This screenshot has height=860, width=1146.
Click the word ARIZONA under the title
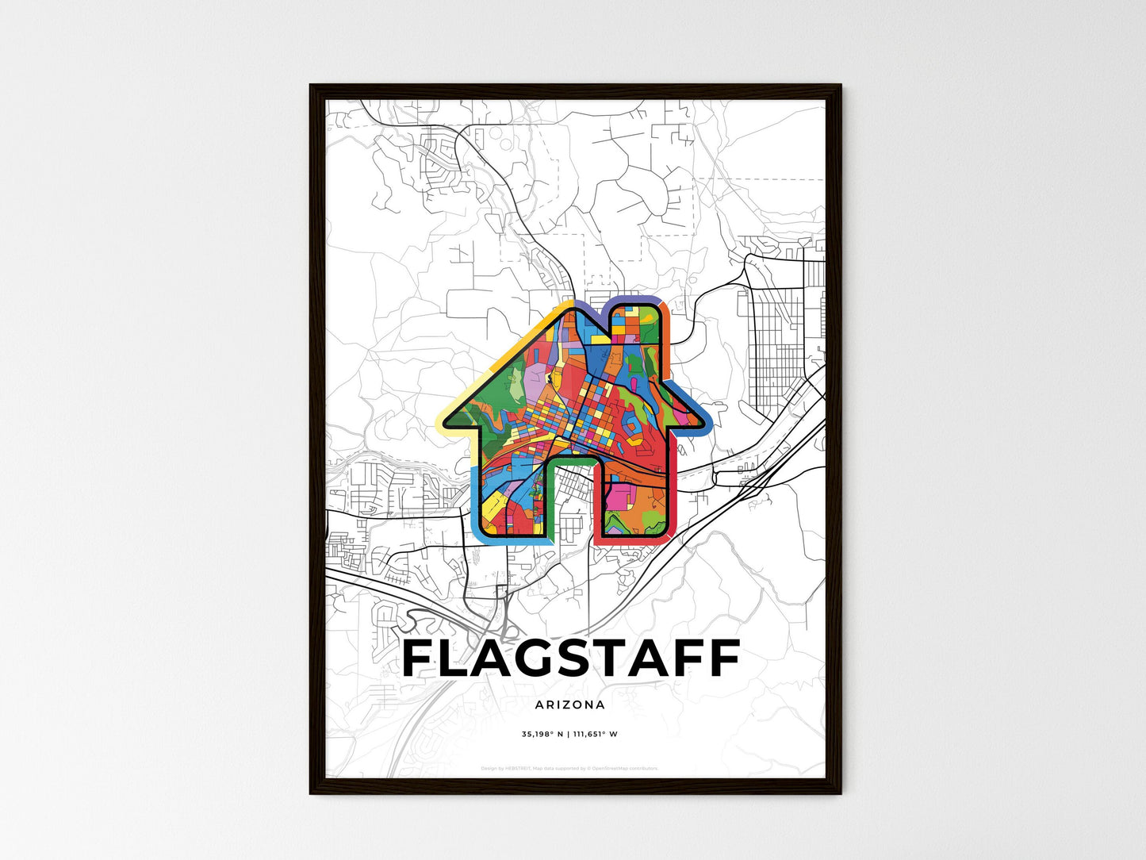(569, 705)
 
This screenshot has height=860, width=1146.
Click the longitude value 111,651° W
(594, 734)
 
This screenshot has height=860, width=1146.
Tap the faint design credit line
(569, 768)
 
